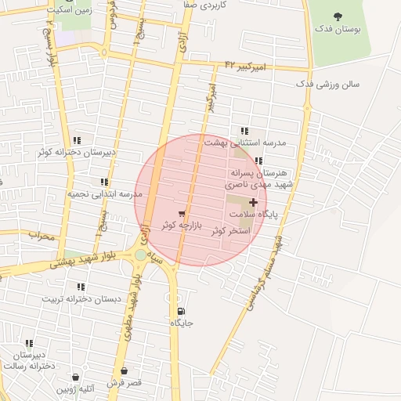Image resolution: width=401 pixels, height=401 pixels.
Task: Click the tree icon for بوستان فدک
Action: click(338, 16)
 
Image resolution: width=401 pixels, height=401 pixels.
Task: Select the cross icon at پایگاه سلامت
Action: click(252, 202)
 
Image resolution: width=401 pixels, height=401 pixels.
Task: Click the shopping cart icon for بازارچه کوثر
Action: click(182, 213)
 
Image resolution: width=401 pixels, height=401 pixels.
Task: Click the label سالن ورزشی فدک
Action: click(327, 83)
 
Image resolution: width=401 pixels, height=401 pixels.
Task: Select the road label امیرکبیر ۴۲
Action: click(245, 66)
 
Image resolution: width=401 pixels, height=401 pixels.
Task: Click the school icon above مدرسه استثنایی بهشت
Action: click(244, 132)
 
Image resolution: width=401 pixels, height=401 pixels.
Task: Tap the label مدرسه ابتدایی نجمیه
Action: click(104, 193)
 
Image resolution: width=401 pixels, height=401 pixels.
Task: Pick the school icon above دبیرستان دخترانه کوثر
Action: click(76, 140)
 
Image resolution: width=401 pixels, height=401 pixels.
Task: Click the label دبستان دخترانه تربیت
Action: click(79, 299)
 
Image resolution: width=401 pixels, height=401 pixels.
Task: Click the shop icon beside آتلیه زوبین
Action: click(75, 377)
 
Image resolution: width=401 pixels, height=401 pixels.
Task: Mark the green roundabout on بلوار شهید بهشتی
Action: click(140, 255)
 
